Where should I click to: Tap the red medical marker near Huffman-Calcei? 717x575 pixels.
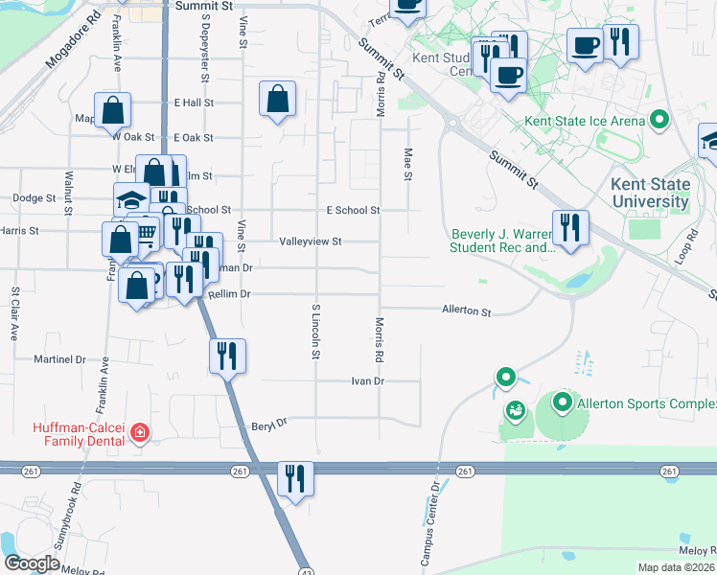140,433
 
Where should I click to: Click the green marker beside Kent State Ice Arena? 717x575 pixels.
659,121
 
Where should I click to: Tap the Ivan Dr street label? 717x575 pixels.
367,380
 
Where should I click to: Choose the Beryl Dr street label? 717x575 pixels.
269,423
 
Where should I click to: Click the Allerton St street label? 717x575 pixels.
466,311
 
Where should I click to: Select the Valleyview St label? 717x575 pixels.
311,242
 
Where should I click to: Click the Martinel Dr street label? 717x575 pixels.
59,360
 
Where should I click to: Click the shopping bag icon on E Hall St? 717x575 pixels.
277,98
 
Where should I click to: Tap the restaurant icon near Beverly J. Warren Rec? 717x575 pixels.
570,227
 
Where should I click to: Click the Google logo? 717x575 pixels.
32,563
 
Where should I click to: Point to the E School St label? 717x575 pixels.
353,210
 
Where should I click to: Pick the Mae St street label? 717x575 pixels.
407,163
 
